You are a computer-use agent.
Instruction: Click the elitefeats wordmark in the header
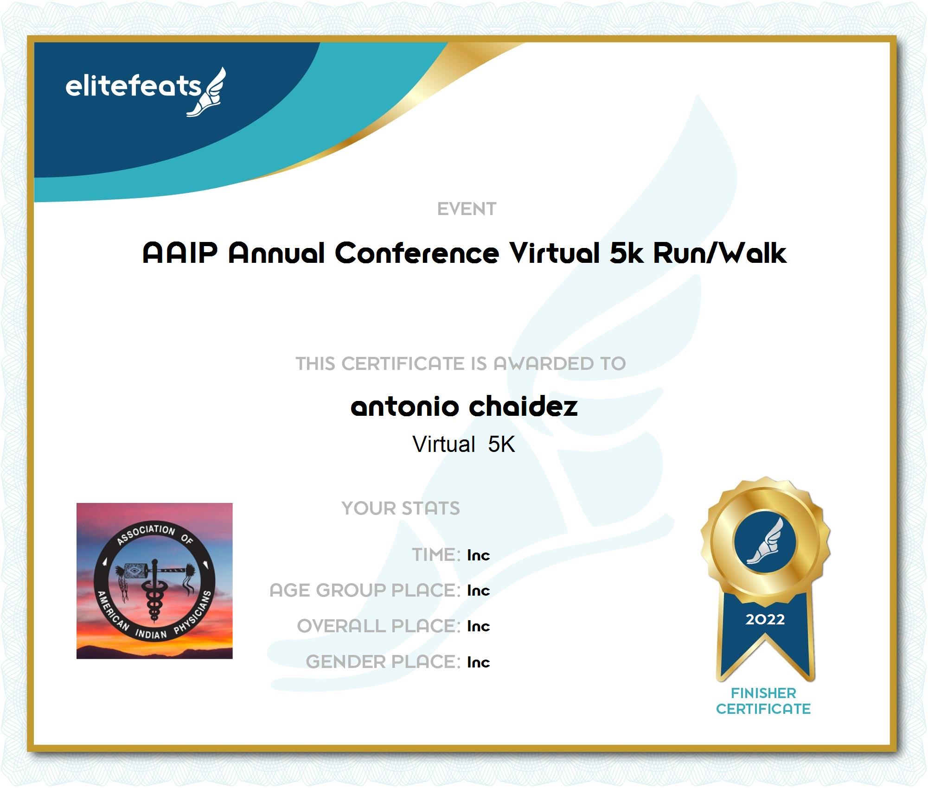[x=133, y=86]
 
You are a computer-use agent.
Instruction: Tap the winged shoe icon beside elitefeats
[x=207, y=92]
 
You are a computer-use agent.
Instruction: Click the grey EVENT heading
[x=467, y=209]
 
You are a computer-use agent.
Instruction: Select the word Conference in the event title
[x=417, y=253]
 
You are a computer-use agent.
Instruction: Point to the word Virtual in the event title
[x=555, y=253]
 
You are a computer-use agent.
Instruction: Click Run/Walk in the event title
[x=720, y=253]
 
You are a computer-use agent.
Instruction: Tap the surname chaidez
[x=523, y=406]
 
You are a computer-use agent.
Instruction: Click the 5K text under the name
[x=501, y=444]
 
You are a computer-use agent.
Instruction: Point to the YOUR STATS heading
[x=401, y=508]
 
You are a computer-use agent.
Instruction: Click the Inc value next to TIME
[x=478, y=555]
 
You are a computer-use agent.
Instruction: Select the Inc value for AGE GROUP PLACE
[x=478, y=590]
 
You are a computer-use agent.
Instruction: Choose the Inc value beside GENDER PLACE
[x=478, y=662]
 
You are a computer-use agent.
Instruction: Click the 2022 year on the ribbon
[x=765, y=619]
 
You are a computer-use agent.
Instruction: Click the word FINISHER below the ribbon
[x=763, y=693]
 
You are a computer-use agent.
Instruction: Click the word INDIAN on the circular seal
[x=151, y=633]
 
